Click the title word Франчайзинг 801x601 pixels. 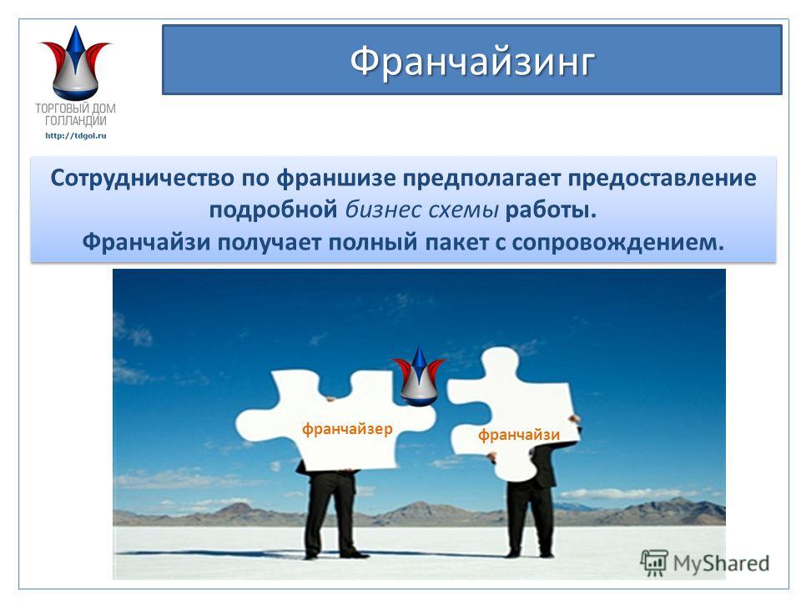pyautogui.click(x=472, y=62)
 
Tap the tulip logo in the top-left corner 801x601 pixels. pyautogui.click(x=75, y=63)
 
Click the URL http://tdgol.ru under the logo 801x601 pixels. pyautogui.click(x=76, y=135)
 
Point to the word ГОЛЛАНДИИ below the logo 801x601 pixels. pyautogui.click(x=76, y=121)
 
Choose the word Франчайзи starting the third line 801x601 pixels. pyautogui.click(x=147, y=242)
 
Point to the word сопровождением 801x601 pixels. pyautogui.click(x=618, y=242)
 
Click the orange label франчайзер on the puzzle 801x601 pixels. pyautogui.click(x=347, y=428)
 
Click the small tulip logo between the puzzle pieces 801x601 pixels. pyautogui.click(x=418, y=376)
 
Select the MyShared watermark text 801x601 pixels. pyautogui.click(x=721, y=563)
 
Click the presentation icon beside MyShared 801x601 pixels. pyautogui.click(x=654, y=563)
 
